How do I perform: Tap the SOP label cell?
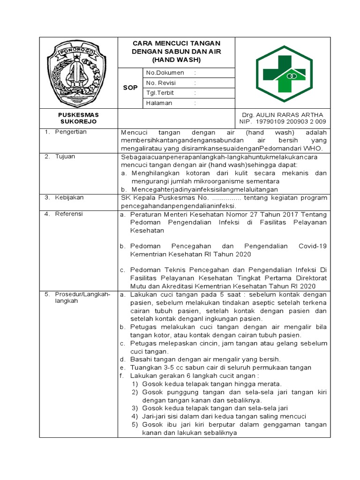[x=130, y=88]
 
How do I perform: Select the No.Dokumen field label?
[x=165, y=73]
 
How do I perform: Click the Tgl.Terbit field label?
[x=160, y=93]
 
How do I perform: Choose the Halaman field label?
[x=159, y=103]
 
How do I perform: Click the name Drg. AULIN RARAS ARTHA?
[x=282, y=115]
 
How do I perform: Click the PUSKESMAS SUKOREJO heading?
[x=78, y=118]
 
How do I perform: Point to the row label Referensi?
[x=69, y=214]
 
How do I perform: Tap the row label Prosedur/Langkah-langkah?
[x=82, y=298]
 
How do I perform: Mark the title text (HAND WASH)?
[x=176, y=60]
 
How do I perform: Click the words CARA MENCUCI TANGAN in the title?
[x=176, y=43]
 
